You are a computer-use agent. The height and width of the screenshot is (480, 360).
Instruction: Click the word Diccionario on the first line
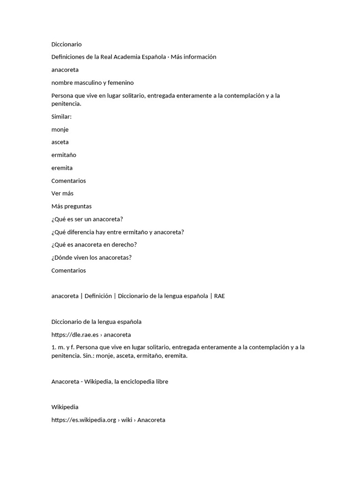66,44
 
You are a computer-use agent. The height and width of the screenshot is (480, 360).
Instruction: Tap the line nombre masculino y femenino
92,82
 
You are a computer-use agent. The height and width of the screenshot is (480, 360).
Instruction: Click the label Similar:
61,116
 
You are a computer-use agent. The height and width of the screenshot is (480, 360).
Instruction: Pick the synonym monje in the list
60,129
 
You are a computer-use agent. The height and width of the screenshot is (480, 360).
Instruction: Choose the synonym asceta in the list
60,142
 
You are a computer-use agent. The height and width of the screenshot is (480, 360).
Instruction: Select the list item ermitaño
64,155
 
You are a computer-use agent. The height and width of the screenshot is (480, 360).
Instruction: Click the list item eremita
62,168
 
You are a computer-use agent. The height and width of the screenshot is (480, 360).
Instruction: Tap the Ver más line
62,193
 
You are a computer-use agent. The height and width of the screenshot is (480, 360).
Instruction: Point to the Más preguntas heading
71,206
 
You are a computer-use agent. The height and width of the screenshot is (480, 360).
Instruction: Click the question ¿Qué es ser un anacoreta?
87,219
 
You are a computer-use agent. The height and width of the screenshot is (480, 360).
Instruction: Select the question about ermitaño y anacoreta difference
118,232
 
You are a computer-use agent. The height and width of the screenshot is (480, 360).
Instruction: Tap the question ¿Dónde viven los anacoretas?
91,257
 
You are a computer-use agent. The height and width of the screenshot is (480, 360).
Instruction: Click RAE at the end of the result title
219,296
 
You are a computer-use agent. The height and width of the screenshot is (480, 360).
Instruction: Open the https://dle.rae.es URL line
91,335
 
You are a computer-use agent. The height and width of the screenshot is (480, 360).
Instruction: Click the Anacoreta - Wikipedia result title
110,382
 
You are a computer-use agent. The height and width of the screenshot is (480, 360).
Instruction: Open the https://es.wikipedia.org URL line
108,420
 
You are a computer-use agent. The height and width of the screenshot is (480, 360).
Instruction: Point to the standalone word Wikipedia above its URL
65,407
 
